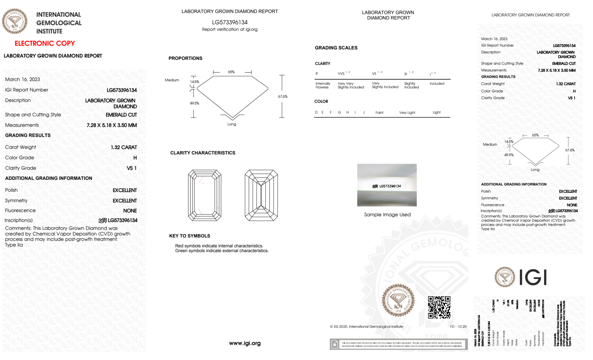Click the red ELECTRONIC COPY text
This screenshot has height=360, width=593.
[x=45, y=44]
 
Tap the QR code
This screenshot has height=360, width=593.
[x=439, y=307]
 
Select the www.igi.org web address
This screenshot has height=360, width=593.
[x=245, y=343]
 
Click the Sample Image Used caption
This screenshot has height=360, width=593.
[x=387, y=215]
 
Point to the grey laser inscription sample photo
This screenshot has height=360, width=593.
[x=387, y=185]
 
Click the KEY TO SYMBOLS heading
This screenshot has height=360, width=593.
[x=190, y=236]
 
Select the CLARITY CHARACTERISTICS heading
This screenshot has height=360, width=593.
[x=203, y=153]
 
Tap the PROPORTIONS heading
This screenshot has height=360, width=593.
[x=186, y=58]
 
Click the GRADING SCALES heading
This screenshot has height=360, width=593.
[x=336, y=48]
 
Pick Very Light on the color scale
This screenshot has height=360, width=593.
[x=407, y=113]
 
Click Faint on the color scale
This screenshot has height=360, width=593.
[x=379, y=113]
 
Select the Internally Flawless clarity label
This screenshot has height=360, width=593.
[x=323, y=85]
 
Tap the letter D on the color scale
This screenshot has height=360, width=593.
[x=316, y=112]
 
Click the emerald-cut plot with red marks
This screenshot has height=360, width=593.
[x=204, y=195]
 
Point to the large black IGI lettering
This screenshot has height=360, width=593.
[x=533, y=278]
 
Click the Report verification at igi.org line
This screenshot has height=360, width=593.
[x=230, y=29]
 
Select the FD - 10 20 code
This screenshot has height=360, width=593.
[x=458, y=327]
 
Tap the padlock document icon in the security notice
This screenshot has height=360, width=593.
[x=335, y=344]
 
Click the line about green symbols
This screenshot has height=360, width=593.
[x=222, y=251]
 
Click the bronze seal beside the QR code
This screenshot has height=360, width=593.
[x=398, y=300]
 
